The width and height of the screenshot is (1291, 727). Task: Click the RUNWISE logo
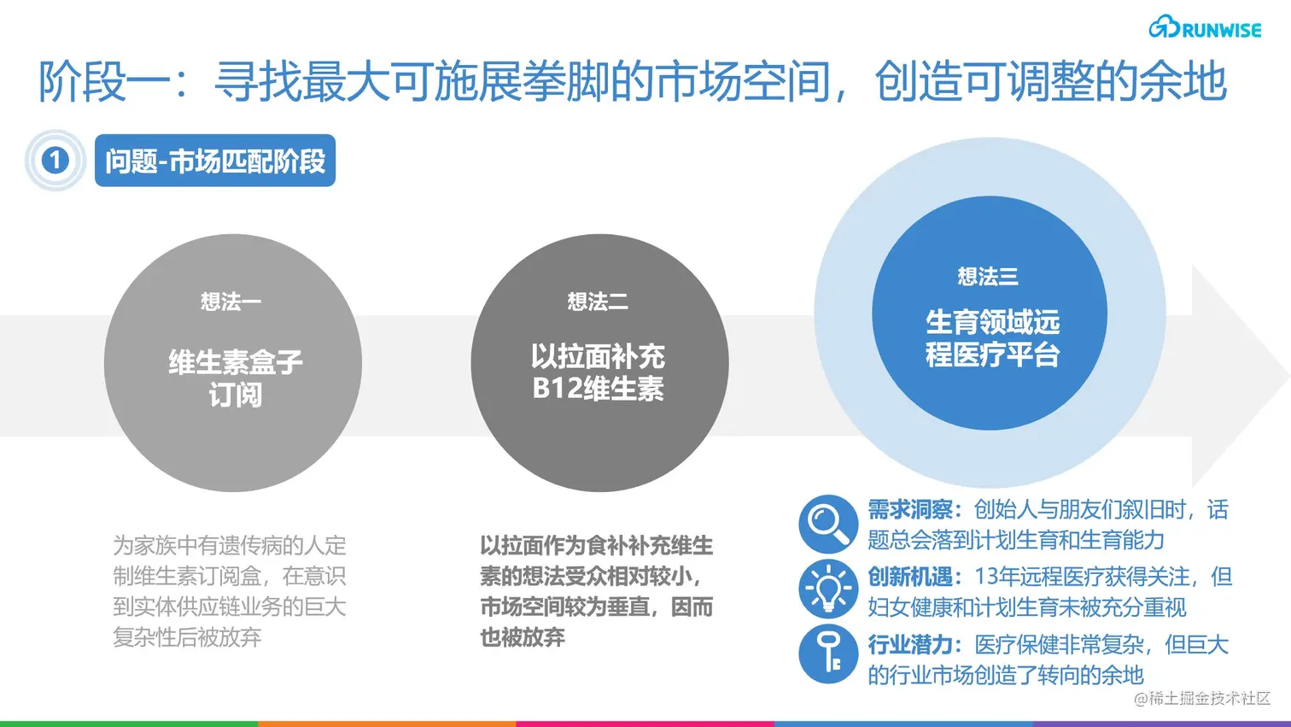[x=1205, y=28]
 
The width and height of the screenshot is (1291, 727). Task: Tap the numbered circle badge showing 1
[x=55, y=160]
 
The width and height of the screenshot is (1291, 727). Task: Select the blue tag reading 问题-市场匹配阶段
[x=215, y=161]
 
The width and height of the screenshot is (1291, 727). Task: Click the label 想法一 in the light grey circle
[x=231, y=302]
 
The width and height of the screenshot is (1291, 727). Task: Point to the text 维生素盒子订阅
[x=235, y=378]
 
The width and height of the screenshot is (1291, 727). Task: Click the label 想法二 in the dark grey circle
[x=598, y=302]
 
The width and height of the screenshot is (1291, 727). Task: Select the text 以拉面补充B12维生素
[x=598, y=372]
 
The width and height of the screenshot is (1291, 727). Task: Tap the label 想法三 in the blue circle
[x=988, y=277]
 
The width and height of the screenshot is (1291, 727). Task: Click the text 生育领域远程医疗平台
[x=992, y=338]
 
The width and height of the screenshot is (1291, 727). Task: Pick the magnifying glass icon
[x=827, y=524]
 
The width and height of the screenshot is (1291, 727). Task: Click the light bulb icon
[x=827, y=589]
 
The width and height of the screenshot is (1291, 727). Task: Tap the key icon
[x=827, y=654]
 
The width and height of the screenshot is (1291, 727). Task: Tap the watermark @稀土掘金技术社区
[x=1202, y=698]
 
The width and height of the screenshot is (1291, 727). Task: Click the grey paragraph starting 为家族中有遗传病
[x=230, y=591]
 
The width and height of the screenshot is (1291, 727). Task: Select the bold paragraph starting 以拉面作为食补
[x=596, y=591]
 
